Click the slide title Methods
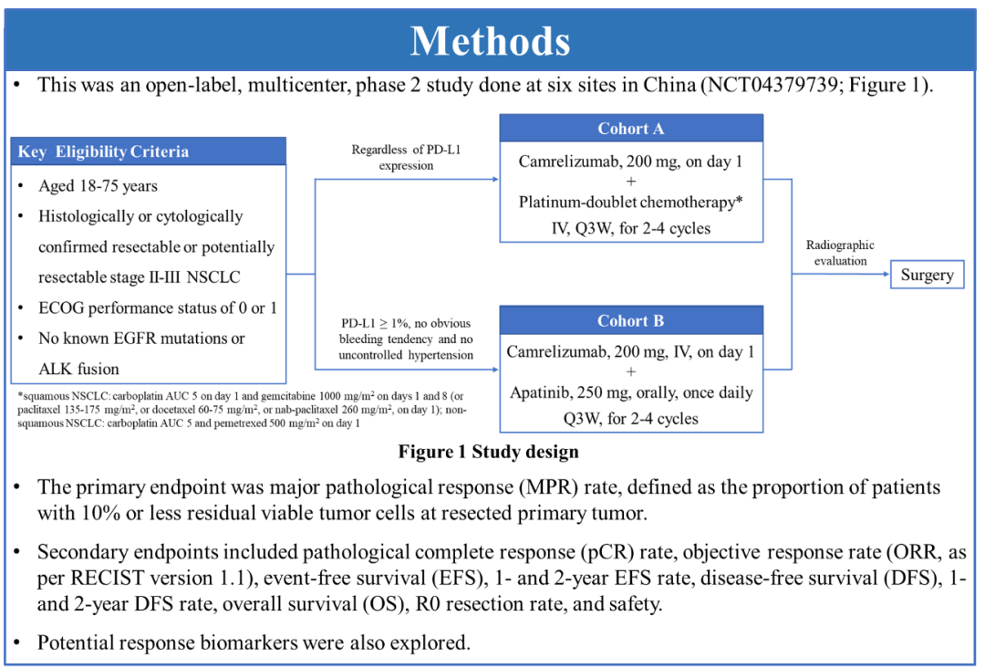click(x=491, y=41)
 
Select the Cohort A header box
click(x=631, y=129)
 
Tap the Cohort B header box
click(x=631, y=321)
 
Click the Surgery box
click(x=927, y=275)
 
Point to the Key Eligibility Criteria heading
click(x=103, y=151)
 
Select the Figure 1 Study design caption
click(x=488, y=452)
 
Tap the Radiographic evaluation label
click(x=840, y=253)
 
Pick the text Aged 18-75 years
click(x=98, y=186)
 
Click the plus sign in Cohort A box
click(x=631, y=182)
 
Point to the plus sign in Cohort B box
click(x=631, y=371)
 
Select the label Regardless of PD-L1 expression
click(x=406, y=158)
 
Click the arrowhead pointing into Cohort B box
click(x=494, y=370)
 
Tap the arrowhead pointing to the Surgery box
click(x=886, y=275)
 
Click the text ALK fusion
click(x=78, y=370)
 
